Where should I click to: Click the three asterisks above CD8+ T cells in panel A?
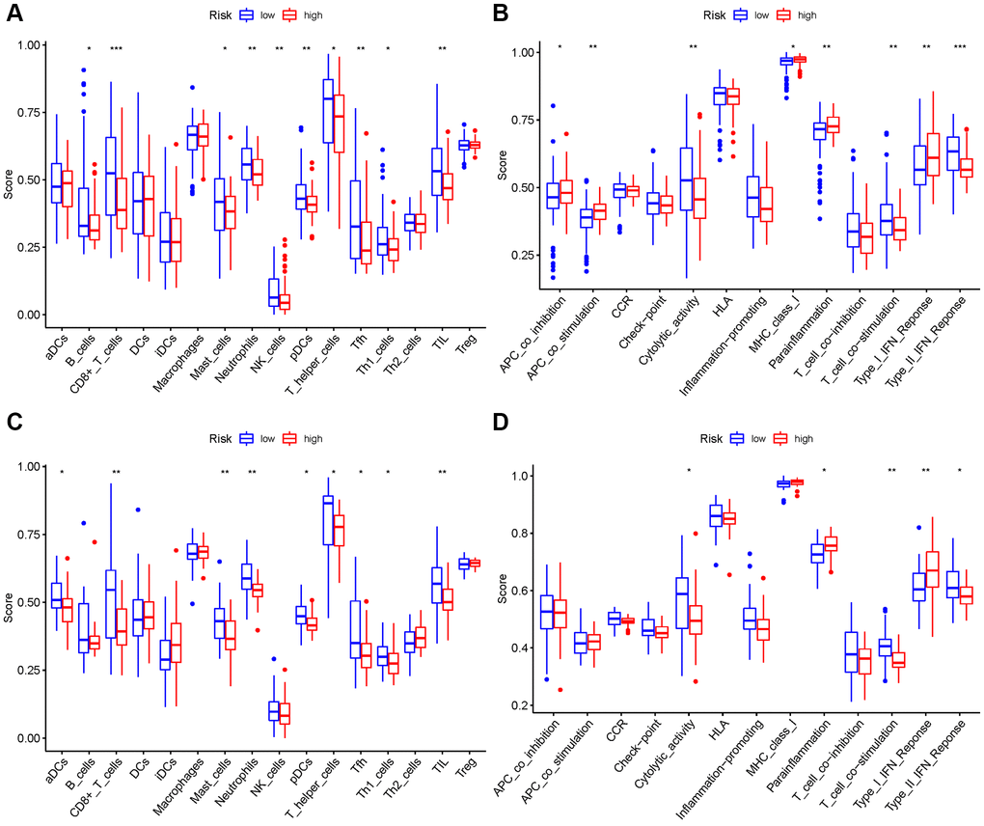(116, 49)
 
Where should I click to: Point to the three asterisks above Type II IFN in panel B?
(959, 47)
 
